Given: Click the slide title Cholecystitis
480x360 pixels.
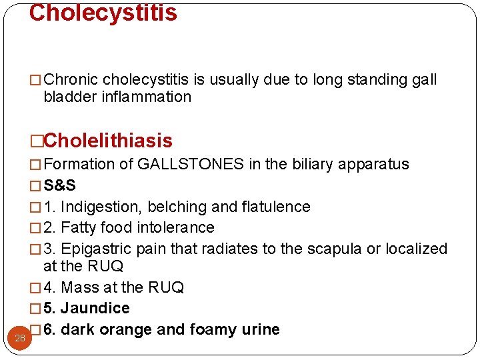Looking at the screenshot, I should [x=103, y=13].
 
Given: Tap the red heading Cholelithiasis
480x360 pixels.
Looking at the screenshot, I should [x=108, y=141].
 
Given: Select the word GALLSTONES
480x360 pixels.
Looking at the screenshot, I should [x=191, y=165].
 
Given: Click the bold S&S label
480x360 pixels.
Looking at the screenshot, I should [x=59, y=186].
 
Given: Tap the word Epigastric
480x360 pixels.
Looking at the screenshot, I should [x=96, y=249].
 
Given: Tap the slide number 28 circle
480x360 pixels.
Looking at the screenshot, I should [x=20, y=338].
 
